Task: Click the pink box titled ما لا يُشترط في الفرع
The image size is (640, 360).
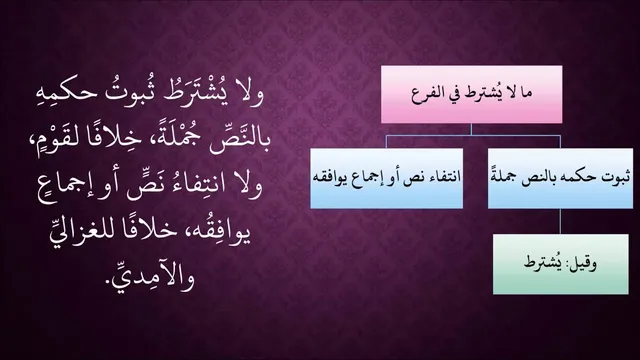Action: (471, 94)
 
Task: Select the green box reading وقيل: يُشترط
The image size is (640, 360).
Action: (560, 264)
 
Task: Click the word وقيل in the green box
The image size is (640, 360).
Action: (581, 264)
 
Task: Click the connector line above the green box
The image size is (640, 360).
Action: (560, 221)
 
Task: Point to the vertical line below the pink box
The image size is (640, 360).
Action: (471, 129)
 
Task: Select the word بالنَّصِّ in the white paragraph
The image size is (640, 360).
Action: (240, 139)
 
